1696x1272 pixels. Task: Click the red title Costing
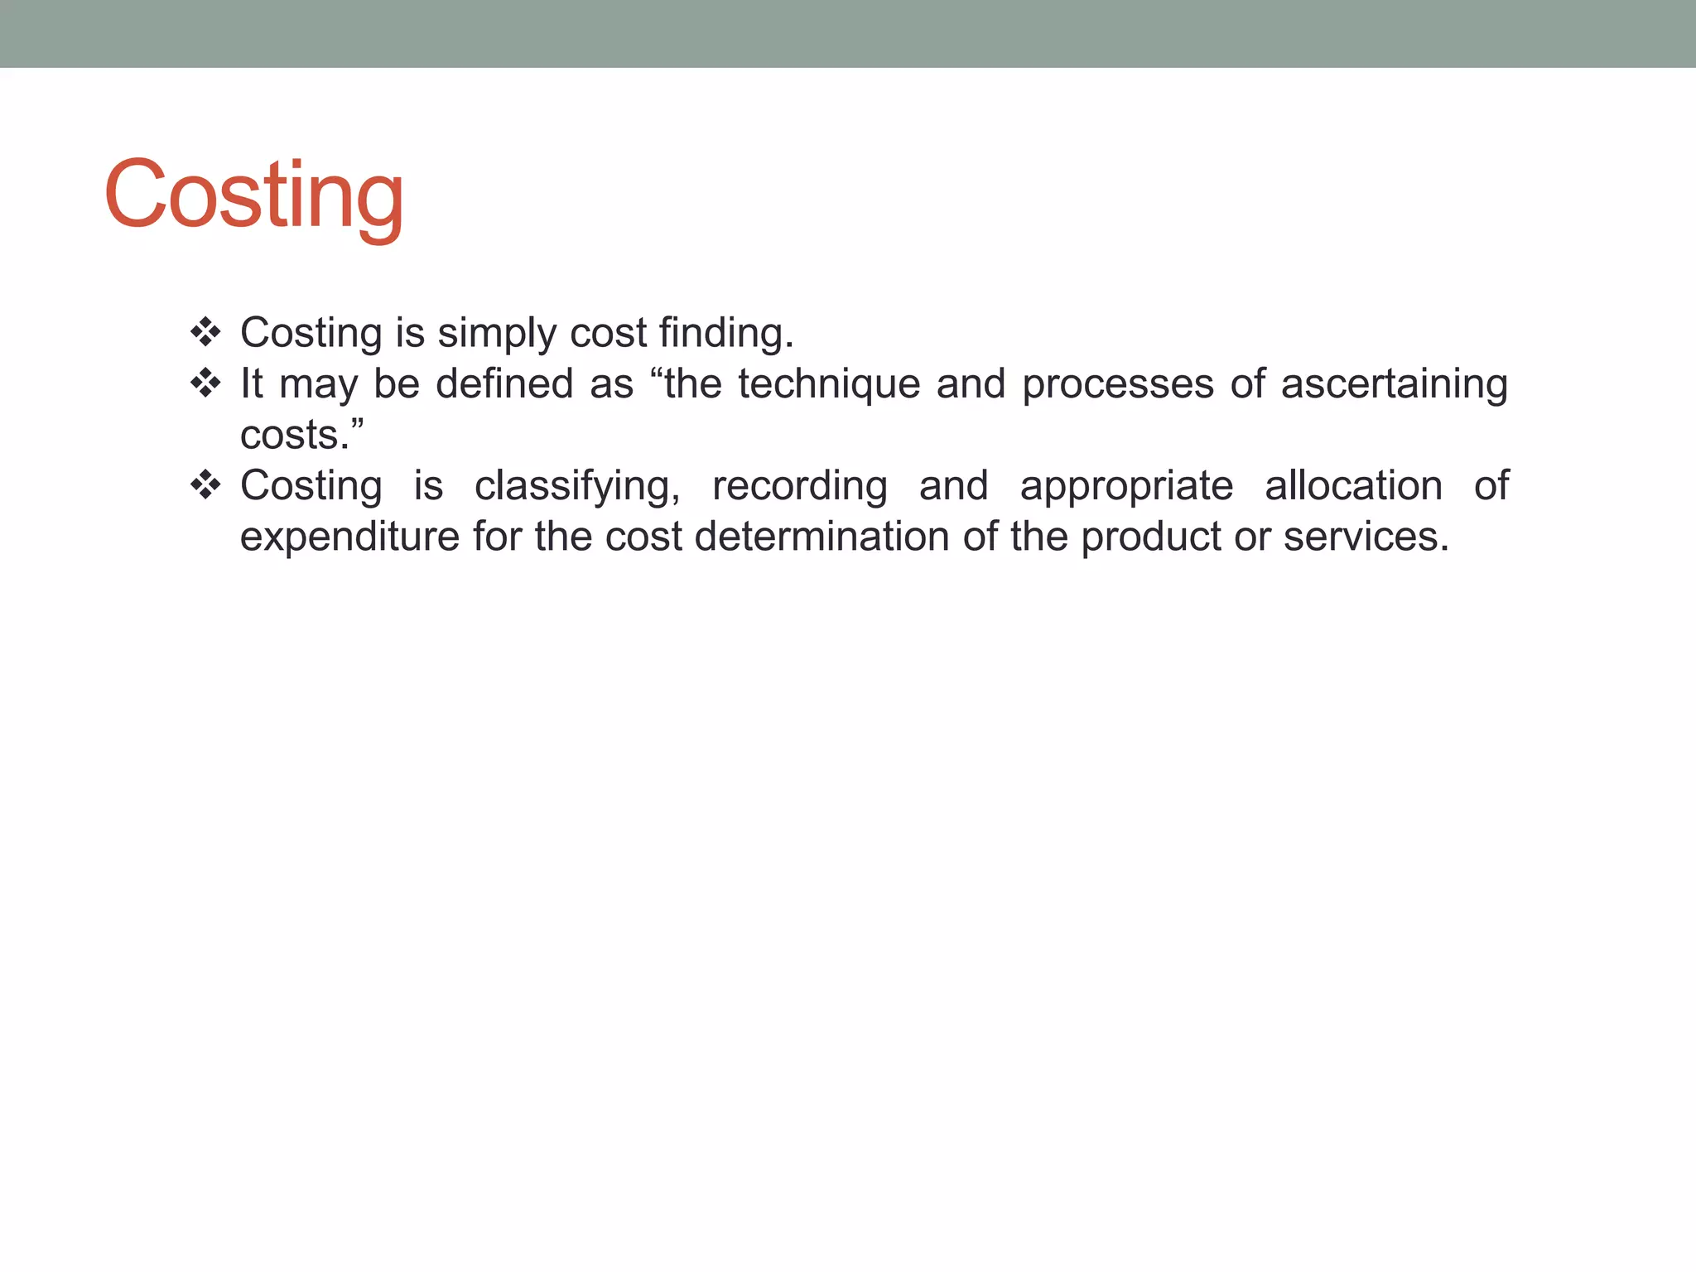point(253,195)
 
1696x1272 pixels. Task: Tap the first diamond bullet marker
point(205,333)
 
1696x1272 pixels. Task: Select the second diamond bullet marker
point(205,383)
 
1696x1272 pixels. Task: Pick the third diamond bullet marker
point(205,485)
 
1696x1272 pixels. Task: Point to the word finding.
point(726,335)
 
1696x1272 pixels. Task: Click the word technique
point(829,385)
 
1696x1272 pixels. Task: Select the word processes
point(1118,385)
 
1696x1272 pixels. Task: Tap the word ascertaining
point(1395,385)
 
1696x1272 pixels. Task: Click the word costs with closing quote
point(302,436)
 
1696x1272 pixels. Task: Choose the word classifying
point(577,487)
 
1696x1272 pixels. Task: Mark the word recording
point(800,487)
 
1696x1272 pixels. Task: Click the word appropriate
point(1126,487)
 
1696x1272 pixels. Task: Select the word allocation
point(1353,485)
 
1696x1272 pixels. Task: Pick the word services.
point(1366,537)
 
